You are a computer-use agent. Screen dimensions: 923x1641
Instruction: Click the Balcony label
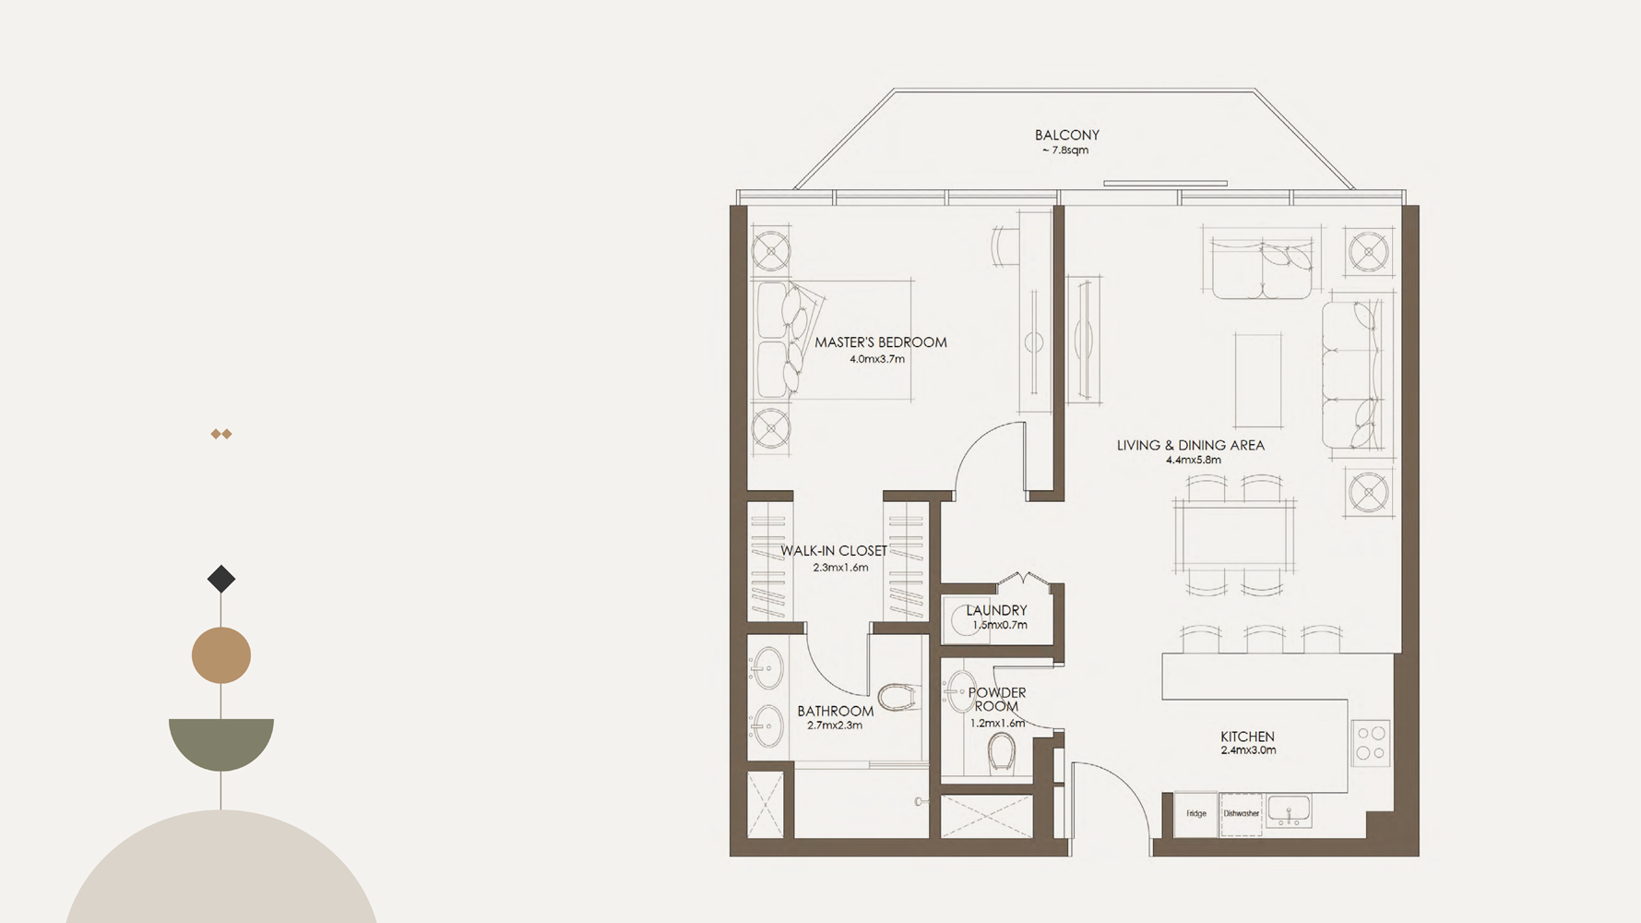(1066, 135)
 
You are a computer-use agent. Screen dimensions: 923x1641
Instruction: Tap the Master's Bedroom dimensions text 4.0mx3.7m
(877, 359)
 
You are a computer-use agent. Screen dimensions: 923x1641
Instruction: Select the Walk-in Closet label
(834, 551)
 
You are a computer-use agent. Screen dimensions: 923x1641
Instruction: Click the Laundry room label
(996, 610)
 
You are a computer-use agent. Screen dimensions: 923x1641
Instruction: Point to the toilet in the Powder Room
(1001, 752)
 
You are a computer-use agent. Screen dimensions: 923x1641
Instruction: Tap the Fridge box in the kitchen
(1196, 814)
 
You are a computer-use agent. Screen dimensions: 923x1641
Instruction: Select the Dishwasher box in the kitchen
(1242, 814)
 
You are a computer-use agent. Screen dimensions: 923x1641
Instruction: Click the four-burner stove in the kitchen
(1371, 743)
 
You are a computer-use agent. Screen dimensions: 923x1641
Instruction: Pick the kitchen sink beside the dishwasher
(1288, 811)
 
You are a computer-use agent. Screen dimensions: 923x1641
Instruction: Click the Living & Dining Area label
(1190, 445)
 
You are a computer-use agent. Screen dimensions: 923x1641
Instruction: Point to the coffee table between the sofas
(1258, 380)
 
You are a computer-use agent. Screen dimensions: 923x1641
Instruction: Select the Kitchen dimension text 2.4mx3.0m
(1248, 751)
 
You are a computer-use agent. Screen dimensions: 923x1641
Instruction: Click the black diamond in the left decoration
(221, 580)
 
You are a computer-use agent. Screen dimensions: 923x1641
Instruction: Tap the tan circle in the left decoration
(221, 655)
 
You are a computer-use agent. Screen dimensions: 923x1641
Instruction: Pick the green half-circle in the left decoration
(221, 740)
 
